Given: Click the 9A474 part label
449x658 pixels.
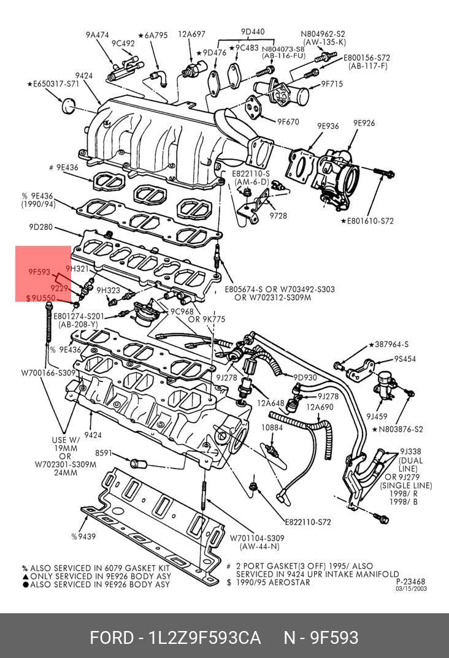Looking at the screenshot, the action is click(98, 35).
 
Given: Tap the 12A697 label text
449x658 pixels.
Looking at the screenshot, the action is click(192, 34).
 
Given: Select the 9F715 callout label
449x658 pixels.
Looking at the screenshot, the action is click(332, 84).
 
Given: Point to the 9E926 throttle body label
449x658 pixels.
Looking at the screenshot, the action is click(364, 123).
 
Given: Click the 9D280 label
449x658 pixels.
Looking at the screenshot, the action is click(40, 227).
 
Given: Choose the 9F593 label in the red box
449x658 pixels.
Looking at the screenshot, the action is click(39, 272).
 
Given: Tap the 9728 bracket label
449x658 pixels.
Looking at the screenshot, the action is click(278, 216).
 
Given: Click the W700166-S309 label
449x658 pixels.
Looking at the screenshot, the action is click(48, 373).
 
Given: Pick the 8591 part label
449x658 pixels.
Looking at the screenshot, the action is click(104, 453).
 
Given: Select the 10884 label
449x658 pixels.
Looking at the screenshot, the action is click(272, 427).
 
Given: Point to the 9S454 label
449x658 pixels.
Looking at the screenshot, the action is click(404, 359).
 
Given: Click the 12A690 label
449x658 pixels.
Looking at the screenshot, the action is click(320, 407).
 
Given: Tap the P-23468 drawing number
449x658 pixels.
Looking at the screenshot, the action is click(411, 581).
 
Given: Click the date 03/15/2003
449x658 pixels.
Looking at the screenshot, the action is click(411, 588).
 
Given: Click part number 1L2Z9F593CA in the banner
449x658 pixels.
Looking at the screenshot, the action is click(205, 637).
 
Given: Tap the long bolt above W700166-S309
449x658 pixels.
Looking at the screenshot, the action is click(48, 324).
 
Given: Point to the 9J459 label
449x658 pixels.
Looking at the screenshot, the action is click(377, 416).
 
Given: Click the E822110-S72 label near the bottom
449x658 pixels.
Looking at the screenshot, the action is click(308, 522).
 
